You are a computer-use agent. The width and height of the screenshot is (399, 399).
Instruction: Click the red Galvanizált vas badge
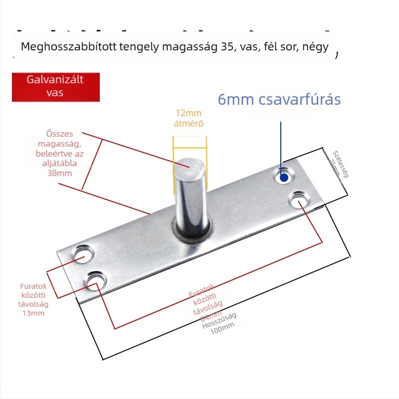tap(56, 86)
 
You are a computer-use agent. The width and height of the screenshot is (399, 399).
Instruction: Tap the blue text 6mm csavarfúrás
tap(279, 99)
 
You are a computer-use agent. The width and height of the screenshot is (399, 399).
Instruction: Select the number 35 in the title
tap(227, 47)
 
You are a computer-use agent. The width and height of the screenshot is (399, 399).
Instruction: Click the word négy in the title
tap(318, 47)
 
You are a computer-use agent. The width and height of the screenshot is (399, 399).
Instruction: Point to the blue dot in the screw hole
tap(284, 177)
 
